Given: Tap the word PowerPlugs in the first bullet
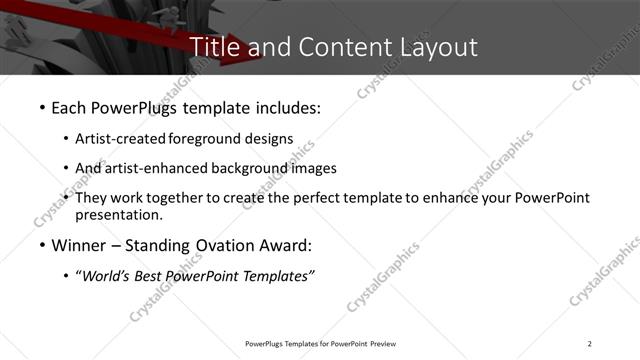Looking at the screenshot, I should pos(135,106).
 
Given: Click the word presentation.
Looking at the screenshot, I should pos(118,214).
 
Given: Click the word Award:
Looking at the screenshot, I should pos(290,245).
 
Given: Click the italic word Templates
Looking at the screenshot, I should pos(282,276).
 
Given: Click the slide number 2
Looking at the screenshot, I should pos(590,344).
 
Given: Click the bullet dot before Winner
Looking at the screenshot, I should pos(41,245).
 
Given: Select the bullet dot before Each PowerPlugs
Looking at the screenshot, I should pos(41,106).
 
